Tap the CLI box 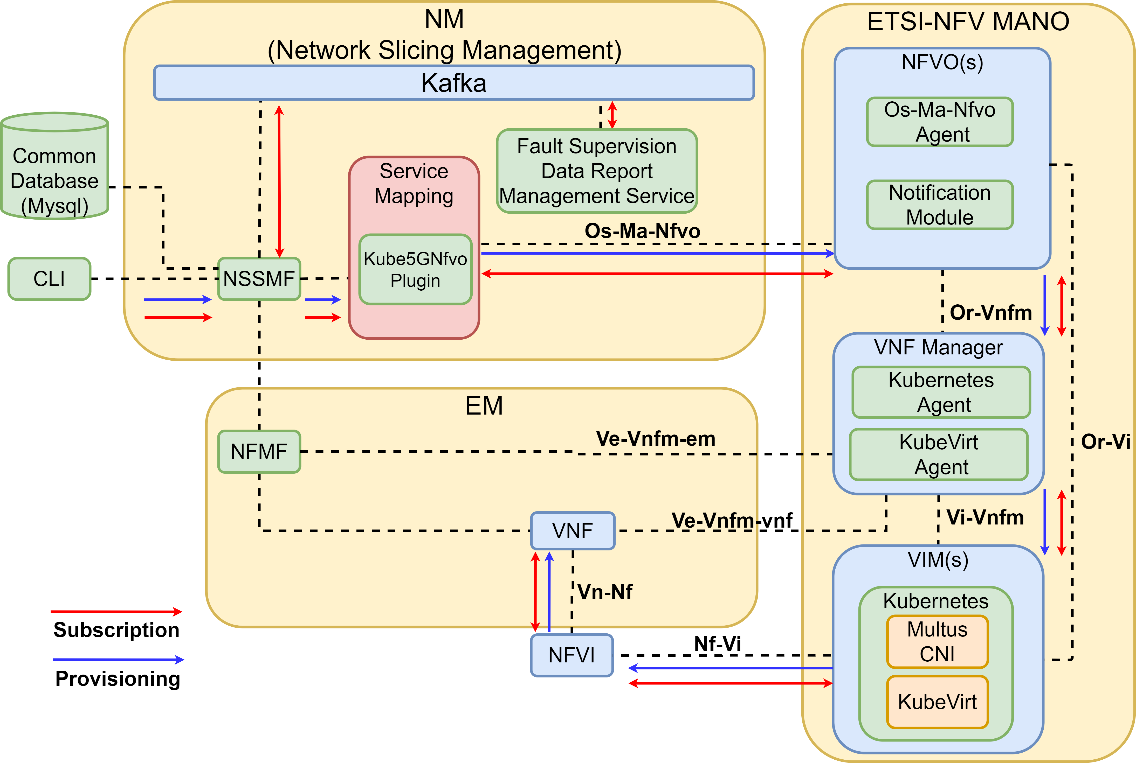click(49, 279)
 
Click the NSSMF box click(259, 279)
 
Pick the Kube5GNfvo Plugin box click(415, 270)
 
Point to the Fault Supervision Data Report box click(597, 171)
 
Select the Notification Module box click(940, 205)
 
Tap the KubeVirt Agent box click(939, 454)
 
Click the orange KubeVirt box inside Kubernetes click(937, 702)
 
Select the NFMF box click(259, 452)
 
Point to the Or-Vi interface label click(1105, 442)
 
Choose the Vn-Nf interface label click(605, 592)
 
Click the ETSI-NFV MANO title click(968, 22)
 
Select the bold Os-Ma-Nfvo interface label click(642, 231)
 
